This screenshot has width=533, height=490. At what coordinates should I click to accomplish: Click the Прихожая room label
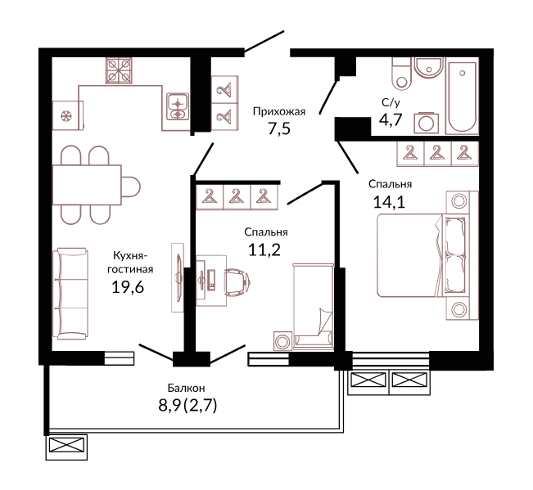pos(279,112)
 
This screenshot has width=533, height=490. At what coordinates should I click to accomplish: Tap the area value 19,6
pos(128,287)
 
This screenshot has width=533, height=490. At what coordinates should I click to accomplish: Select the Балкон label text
pos(187,388)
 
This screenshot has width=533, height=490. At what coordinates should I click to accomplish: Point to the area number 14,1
pos(389,202)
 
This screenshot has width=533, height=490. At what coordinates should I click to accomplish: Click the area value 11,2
pos(264,250)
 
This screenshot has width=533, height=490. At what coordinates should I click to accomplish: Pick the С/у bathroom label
pos(391,102)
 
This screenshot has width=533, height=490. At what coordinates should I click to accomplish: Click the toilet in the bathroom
pos(402,74)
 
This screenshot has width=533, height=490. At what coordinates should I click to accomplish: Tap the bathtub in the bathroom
pos(463,97)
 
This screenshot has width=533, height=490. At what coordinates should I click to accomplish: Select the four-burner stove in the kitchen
pos(119,70)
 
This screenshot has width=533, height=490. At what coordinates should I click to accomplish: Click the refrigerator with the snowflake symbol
pos(68,115)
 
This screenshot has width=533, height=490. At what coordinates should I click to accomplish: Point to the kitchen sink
pos(178,106)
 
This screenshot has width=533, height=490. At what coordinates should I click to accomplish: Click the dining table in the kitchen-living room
pos(87,185)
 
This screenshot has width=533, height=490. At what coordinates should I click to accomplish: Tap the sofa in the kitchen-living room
pos(70,294)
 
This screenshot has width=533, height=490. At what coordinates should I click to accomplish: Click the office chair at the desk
pos(237,281)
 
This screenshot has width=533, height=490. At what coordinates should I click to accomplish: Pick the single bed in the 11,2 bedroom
pos(314,307)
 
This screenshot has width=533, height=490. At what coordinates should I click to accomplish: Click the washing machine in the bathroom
pos(427,123)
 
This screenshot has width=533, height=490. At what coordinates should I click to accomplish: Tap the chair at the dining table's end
pos(131,187)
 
